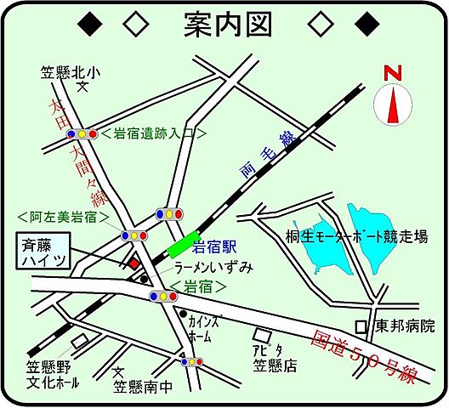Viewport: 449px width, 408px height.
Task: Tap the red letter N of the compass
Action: click(392, 73)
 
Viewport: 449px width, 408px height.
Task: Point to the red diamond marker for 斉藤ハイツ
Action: click(134, 264)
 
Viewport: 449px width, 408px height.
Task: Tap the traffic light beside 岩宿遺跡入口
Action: click(82, 134)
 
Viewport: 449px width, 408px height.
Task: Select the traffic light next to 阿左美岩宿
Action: click(135, 235)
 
